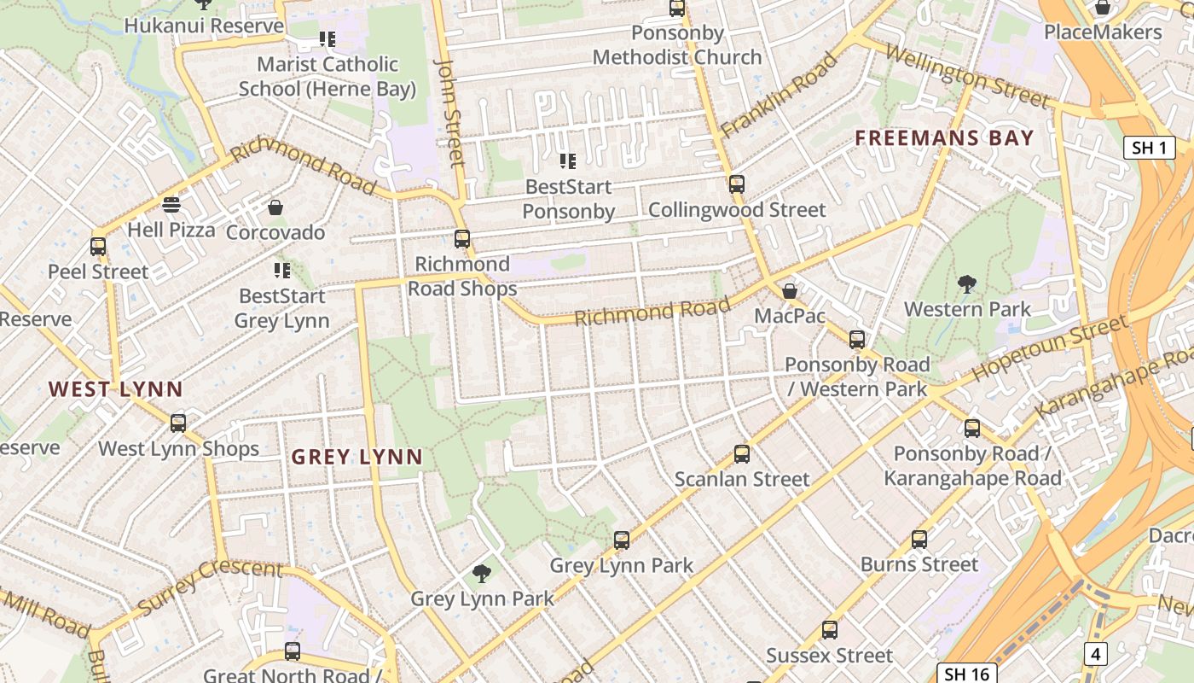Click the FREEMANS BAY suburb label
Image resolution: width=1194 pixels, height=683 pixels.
point(944,137)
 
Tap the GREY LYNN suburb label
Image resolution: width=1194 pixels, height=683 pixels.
point(357,457)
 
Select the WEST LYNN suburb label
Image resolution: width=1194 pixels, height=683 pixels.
point(116,389)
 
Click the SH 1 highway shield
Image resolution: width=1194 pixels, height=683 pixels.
point(1149,148)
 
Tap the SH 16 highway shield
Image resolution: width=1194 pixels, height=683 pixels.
point(967,674)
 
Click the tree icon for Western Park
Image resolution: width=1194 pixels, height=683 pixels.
point(967,284)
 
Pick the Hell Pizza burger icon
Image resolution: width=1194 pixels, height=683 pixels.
point(171,205)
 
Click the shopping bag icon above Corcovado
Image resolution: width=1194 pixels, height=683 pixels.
point(275,207)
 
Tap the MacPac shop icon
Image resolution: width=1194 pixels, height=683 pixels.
point(790,291)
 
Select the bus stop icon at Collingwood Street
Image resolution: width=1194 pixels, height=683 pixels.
point(737,184)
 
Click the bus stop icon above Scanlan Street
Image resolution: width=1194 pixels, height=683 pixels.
point(742,454)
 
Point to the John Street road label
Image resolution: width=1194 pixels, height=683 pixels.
point(450,111)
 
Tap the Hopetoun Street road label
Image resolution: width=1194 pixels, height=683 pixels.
point(1049,348)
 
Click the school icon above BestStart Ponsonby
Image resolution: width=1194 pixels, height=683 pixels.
point(567,161)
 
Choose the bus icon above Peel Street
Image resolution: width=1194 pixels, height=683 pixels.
point(98,247)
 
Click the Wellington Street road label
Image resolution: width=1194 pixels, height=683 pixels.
point(967,76)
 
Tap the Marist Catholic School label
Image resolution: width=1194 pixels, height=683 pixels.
point(327,76)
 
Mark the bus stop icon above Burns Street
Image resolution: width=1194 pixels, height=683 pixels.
point(919,540)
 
